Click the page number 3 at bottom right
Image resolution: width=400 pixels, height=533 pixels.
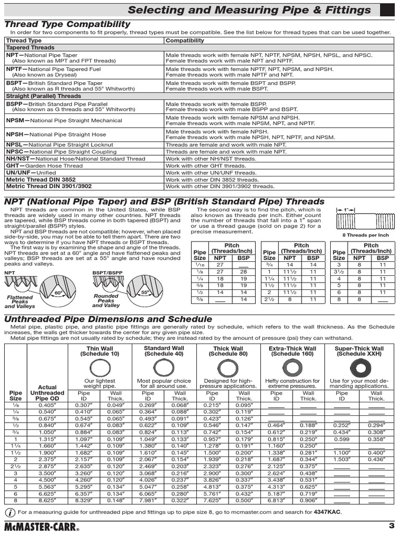(x=391, y=524)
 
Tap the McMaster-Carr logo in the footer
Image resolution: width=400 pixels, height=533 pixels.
(x=43, y=524)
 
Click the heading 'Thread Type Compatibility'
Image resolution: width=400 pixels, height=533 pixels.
(x=67, y=24)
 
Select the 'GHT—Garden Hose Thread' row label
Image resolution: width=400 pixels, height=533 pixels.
(x=44, y=166)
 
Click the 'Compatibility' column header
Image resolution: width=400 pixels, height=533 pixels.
(x=185, y=40)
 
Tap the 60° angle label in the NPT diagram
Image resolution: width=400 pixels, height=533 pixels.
(x=58, y=293)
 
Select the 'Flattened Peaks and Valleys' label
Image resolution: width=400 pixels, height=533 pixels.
(x=19, y=302)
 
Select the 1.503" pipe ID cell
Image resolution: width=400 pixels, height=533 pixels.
(x=342, y=460)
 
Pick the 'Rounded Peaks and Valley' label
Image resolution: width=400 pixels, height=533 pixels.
(x=106, y=301)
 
